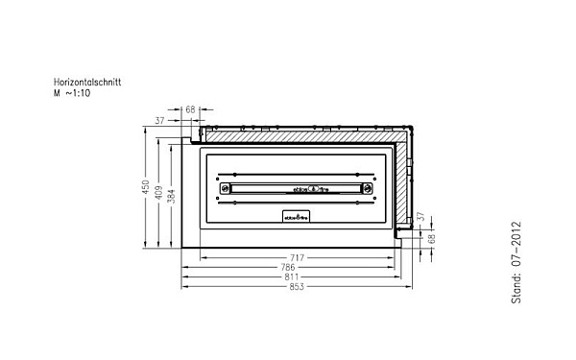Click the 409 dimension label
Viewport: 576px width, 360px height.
(158, 191)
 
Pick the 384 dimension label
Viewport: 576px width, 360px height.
(171, 196)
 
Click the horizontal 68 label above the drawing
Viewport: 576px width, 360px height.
(190, 110)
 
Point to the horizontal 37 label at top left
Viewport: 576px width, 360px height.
(158, 121)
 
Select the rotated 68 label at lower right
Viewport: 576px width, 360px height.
(432, 237)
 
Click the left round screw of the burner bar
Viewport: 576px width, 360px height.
(226, 188)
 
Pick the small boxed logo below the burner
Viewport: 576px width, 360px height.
(296, 217)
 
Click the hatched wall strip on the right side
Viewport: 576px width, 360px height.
(402, 187)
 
